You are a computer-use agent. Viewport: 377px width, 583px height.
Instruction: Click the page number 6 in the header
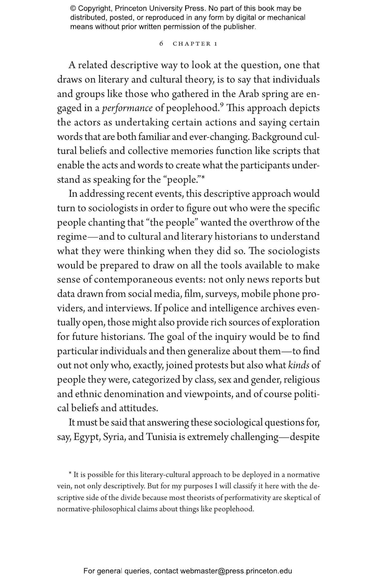pos(161,44)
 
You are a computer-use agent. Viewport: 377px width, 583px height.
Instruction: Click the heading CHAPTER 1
pos(195,44)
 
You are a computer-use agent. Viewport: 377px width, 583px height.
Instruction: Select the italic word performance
pos(127,108)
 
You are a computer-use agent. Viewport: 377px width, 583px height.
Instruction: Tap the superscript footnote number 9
pos(222,105)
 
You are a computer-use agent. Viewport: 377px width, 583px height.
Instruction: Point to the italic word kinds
pos(298,365)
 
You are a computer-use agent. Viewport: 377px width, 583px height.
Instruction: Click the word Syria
pos(114,437)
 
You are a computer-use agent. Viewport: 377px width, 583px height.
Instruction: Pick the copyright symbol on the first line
pos(73,9)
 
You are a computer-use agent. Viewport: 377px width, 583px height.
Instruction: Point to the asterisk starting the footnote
pos(70,474)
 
